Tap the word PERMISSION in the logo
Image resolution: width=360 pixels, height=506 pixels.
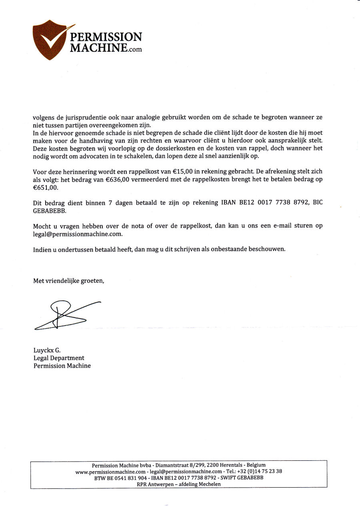coord(106,37)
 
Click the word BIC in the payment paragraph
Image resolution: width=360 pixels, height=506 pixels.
coord(317,203)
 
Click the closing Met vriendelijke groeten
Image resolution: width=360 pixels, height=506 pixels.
coord(68,281)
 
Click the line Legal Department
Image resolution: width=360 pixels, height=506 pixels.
coord(59,358)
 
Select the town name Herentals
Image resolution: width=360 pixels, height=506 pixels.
coord(232,465)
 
